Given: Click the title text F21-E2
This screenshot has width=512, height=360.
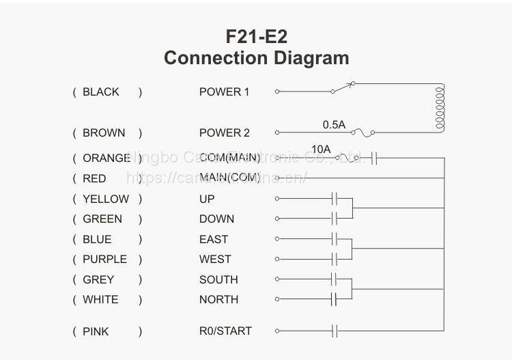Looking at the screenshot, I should pos(256,36).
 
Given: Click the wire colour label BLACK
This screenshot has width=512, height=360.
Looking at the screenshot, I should pos(100,92).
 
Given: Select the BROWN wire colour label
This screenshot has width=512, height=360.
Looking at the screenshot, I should pos(104,133).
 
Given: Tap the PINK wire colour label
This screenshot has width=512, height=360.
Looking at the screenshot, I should pos(96,331).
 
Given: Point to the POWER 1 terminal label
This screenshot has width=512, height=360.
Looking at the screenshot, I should pos(225,92).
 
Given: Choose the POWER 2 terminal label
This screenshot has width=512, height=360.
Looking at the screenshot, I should pos(225,133).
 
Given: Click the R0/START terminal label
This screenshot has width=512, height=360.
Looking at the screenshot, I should pos(225,331).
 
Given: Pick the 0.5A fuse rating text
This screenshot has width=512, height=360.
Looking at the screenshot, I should pos(335,124).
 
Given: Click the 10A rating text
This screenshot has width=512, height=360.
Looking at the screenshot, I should pos(321,149).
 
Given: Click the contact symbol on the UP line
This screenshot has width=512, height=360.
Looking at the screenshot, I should pos(335,199).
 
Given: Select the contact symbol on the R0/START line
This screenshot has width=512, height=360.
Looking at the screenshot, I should pos(335,331).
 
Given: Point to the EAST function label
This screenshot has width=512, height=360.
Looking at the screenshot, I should pos(214,239).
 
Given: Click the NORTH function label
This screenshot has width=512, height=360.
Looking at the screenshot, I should pos(218,299).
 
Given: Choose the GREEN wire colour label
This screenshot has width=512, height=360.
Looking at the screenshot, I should pos(102,219).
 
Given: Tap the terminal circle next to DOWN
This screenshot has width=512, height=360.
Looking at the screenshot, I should pos(277,219).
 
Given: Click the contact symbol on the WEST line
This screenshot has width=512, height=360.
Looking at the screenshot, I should pos(335,259).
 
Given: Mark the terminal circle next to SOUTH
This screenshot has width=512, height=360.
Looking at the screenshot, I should pos(277,279).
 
